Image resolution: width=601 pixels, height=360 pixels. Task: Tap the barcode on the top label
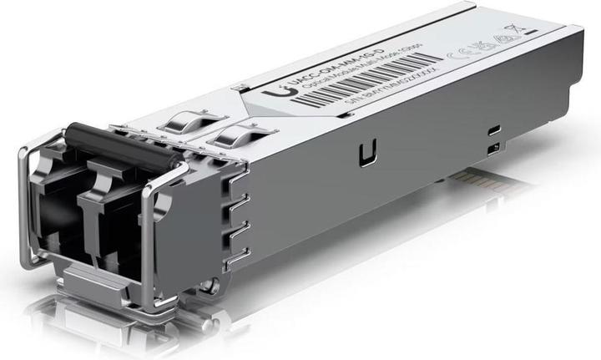[366, 79]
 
